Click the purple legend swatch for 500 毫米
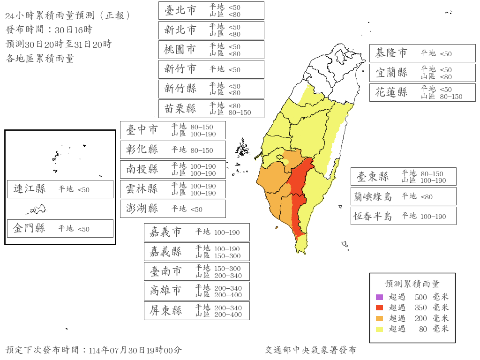tap(380, 297)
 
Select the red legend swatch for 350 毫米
tap(380, 308)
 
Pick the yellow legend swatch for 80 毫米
tap(380, 329)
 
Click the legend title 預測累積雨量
tap(412, 284)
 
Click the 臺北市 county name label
tap(180, 10)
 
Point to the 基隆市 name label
tap(391, 53)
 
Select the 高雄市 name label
tap(166, 291)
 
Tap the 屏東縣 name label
tap(166, 310)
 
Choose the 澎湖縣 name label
tap(142, 209)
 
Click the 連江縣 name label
tap(30, 189)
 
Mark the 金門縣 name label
tap(30, 228)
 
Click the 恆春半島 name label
tap(373, 216)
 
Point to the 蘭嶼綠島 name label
tap(373, 196)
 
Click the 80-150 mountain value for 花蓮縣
tap(451, 97)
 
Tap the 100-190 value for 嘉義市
tap(227, 232)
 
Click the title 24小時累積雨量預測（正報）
tap(68, 15)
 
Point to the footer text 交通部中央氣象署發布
tap(310, 350)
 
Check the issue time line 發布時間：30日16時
tap(49, 30)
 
